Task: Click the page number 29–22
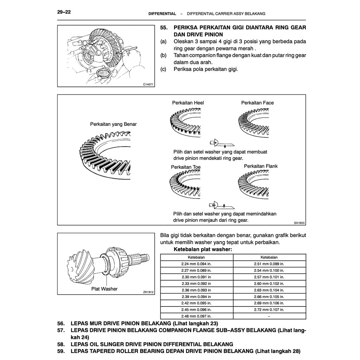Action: coord(64,12)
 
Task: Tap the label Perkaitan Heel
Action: coord(188,103)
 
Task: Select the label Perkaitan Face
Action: coord(257,103)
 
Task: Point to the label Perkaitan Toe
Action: coord(186,167)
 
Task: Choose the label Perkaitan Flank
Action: coord(261,166)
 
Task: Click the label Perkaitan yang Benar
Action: coord(113,124)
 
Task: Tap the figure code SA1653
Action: coord(299,223)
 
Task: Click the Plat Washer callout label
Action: coord(104,289)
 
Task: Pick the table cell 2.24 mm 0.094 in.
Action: coord(197,264)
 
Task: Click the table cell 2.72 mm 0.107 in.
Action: coord(269,310)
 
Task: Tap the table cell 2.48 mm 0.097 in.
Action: coord(197,316)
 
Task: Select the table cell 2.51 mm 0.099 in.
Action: coord(269,264)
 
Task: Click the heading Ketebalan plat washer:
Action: coord(203,249)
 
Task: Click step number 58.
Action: coord(61,344)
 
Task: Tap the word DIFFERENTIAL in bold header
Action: coord(162,14)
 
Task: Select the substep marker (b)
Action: coord(163,56)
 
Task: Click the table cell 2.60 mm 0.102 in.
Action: coord(269,283)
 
